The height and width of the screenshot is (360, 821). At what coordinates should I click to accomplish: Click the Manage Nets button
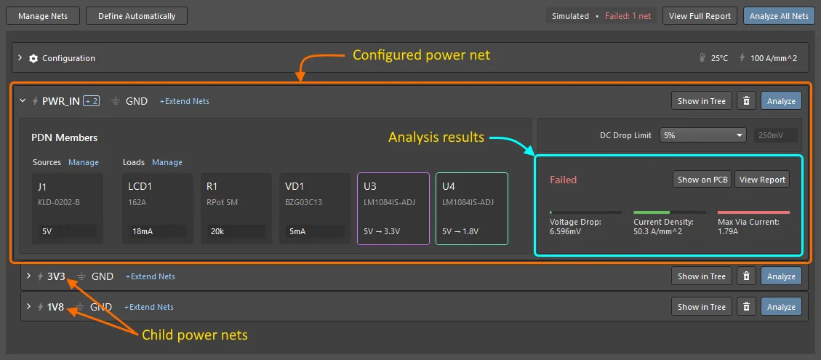[x=43, y=16]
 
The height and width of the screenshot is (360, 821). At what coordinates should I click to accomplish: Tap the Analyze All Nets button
[x=779, y=16]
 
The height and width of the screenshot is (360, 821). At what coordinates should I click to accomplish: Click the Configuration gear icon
[x=33, y=58]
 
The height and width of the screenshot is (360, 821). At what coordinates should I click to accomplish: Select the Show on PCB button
[x=702, y=180]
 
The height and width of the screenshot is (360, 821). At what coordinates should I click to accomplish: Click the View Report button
[x=762, y=180]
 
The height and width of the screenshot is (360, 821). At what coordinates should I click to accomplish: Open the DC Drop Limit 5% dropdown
[x=703, y=135]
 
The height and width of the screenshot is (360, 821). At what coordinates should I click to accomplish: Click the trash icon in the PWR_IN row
[x=746, y=101]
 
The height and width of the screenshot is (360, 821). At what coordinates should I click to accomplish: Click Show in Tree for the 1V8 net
[x=702, y=307]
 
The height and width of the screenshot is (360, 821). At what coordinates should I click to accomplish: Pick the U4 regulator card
[x=471, y=208]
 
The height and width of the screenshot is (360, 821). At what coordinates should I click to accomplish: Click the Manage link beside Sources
[x=84, y=162]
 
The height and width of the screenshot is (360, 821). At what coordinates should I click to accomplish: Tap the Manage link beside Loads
[x=167, y=162]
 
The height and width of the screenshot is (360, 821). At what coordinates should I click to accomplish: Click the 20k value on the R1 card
[x=217, y=231]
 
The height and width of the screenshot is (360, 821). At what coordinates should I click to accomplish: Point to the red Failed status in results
[x=563, y=180]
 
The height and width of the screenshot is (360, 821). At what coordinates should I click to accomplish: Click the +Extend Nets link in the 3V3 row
[x=150, y=276]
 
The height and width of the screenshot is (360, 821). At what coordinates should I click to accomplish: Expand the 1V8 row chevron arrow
[x=28, y=307]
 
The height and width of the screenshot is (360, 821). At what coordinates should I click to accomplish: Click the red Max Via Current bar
[x=753, y=212]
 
